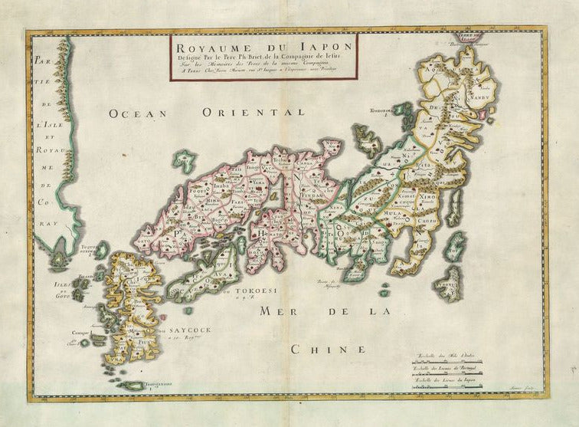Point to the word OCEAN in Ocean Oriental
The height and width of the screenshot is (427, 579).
pos(137,113)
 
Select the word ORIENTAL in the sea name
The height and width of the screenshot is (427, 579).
pos(249,113)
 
